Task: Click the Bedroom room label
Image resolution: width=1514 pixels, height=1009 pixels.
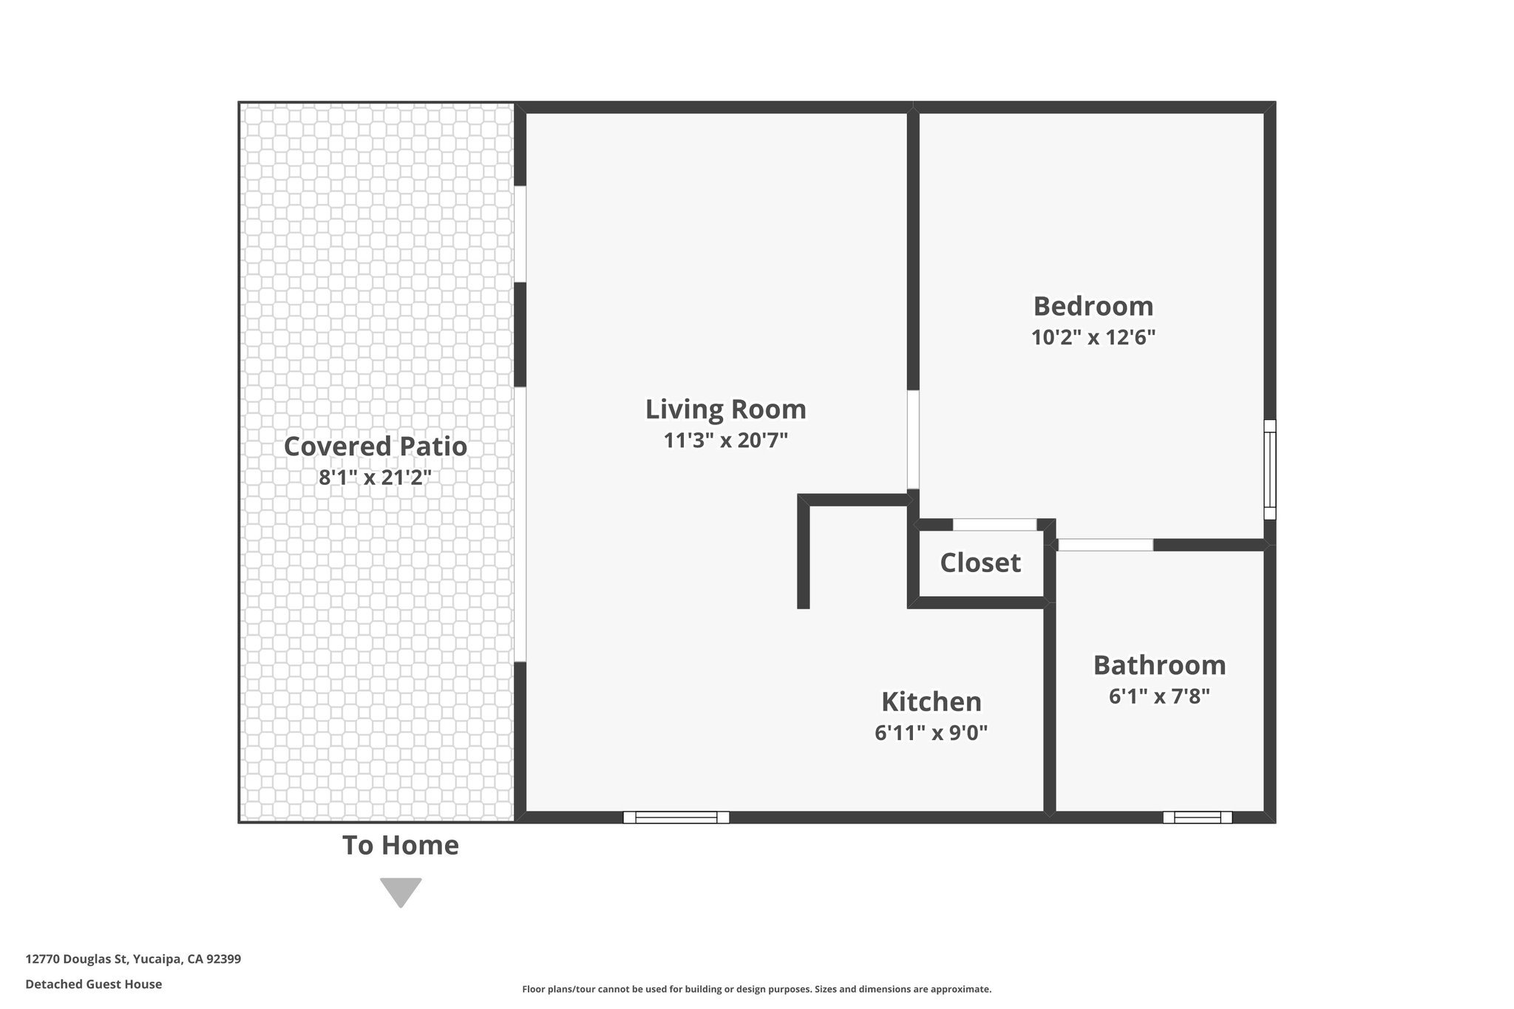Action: pos(1093,306)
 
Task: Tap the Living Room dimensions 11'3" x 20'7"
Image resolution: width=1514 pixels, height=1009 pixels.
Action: pos(725,441)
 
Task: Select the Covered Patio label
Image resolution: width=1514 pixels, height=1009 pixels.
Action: pos(376,446)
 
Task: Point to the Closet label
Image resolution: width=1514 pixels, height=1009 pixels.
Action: pos(980,563)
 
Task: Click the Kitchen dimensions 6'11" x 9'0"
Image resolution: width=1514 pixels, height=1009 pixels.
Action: pos(931,733)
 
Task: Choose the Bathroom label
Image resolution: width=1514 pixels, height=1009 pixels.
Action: pos(1159,665)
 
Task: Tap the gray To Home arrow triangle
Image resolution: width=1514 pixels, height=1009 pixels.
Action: pos(401,891)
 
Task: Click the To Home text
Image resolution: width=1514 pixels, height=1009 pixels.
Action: pos(401,846)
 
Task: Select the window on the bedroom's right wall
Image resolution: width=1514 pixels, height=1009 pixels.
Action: pos(1269,469)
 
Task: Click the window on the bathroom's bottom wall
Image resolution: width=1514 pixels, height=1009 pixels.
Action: pos(1197,817)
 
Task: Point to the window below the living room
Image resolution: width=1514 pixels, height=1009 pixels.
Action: pos(676,817)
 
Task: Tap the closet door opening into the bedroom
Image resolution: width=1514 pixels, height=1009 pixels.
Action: pos(994,525)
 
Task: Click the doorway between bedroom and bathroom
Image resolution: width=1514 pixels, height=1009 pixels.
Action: pos(1105,545)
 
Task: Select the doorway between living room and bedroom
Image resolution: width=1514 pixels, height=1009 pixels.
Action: pos(913,439)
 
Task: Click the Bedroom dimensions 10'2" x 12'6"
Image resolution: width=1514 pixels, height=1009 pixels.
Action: pos(1093,338)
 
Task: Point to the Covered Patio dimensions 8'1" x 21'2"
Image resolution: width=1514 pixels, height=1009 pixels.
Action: pos(375,478)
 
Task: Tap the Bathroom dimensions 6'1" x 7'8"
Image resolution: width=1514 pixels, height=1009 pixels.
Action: pos(1159,696)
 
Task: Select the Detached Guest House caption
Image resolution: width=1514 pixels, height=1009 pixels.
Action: pos(94,985)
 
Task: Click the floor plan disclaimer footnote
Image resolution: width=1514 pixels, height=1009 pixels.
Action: pos(756,989)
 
